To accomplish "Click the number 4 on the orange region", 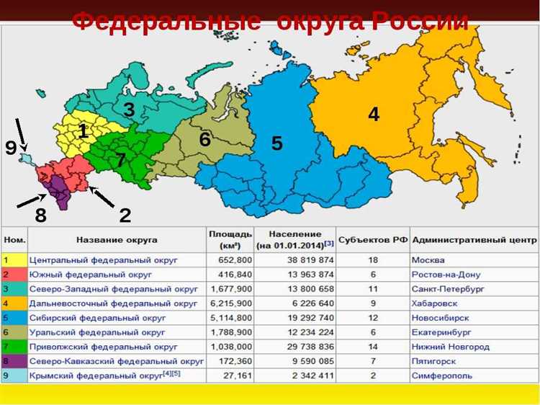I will click(x=374, y=114).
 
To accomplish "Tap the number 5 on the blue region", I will click(x=277, y=143).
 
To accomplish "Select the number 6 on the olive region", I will click(x=205, y=140).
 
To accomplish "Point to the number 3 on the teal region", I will click(x=129, y=110).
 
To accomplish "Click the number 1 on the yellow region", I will click(x=83, y=131).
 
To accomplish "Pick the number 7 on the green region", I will click(x=120, y=161).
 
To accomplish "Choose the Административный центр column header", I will click(x=474, y=239).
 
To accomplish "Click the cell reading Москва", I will click(x=428, y=260).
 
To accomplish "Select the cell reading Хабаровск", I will click(x=433, y=303).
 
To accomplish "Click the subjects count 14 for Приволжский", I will click(x=373, y=347).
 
